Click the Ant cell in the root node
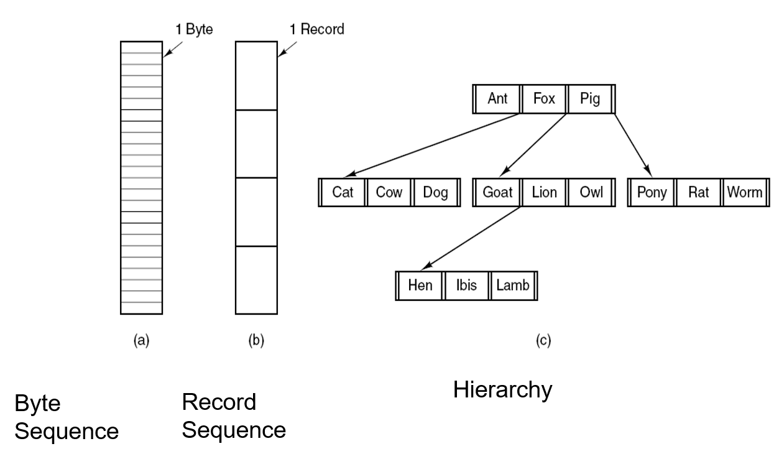coord(497,99)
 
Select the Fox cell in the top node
coord(544,99)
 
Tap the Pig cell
coord(590,99)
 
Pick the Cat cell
coord(343,192)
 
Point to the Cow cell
coord(389,192)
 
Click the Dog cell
coord(435,192)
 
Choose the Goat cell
coord(497,192)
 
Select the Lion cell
coord(544,192)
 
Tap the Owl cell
coord(591,192)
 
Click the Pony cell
coord(652,192)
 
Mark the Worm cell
coord(745,192)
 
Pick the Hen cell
coord(420,285)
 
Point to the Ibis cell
coord(466,285)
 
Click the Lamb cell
coord(513,285)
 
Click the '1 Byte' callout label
coord(194,30)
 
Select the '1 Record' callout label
coord(317,29)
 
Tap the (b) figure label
coord(256,340)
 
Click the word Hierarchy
coord(502,391)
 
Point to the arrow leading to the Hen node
coord(471,238)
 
